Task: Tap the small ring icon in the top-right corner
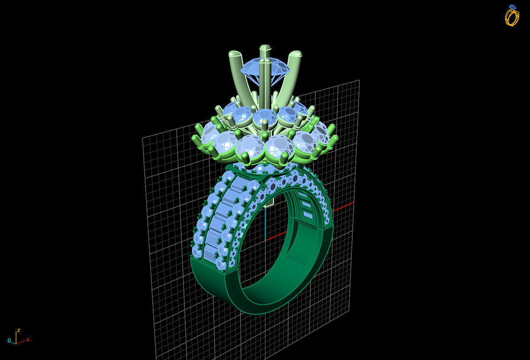pos(512,16)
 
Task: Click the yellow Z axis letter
pos(19,331)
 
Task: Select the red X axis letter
pos(28,340)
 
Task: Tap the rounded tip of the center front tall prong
pos(265,48)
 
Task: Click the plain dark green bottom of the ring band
pos(209,281)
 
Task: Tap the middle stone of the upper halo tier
pos(265,117)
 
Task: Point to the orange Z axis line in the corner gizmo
pos(16,337)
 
